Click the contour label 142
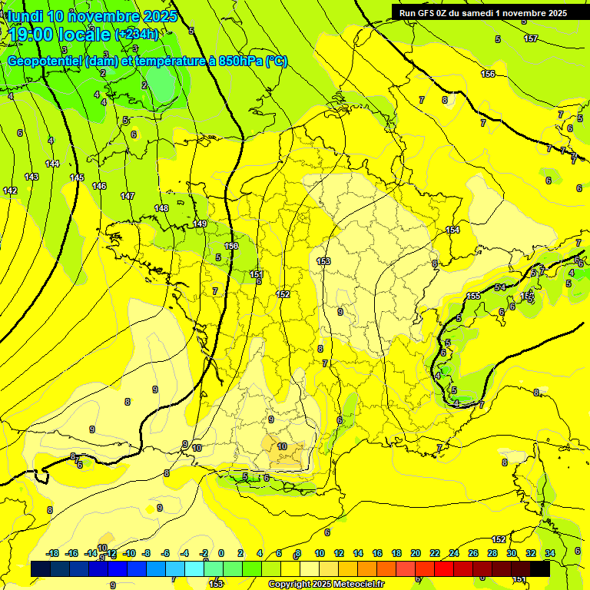pyautogui.click(x=9, y=191)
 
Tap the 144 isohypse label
pyautogui.click(x=52, y=164)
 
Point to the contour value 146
pyautogui.click(x=99, y=186)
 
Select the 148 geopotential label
pyautogui.click(x=161, y=208)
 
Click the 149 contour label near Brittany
pyautogui.click(x=200, y=224)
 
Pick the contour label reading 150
pyautogui.click(x=230, y=246)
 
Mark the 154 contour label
pyautogui.click(x=452, y=230)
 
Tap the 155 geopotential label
pyautogui.click(x=473, y=296)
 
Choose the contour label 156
pyautogui.click(x=488, y=74)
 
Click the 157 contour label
pyautogui.click(x=530, y=38)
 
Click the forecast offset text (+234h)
pyautogui.click(x=137, y=34)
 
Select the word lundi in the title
pyautogui.click(x=25, y=15)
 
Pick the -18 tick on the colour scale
pyautogui.click(x=52, y=553)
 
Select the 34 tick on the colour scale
pyautogui.click(x=550, y=553)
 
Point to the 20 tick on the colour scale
pyautogui.click(x=416, y=553)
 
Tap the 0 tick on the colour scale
pyautogui.click(x=220, y=553)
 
